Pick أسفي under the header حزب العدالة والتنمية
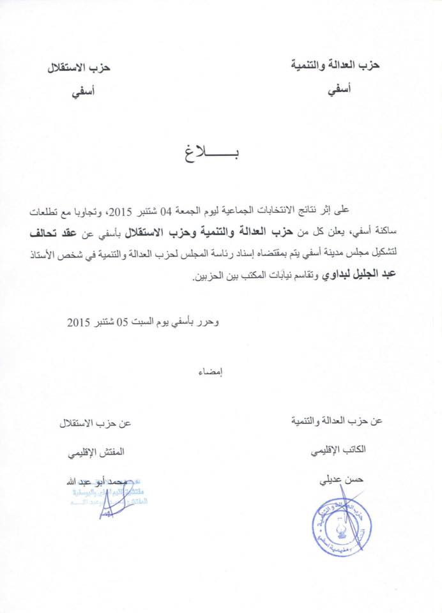(339, 91)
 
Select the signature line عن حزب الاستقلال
(95, 423)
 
